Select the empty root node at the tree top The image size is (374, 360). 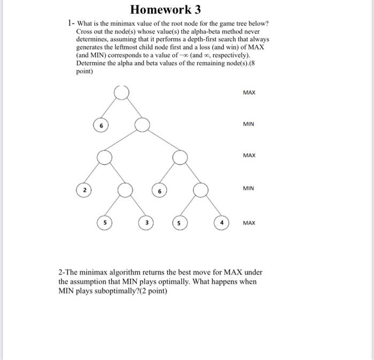(x=122, y=92)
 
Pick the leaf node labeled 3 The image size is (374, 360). (x=145, y=222)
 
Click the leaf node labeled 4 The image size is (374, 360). (x=221, y=222)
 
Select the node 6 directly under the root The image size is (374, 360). (x=101, y=125)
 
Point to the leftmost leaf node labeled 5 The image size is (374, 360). (x=105, y=222)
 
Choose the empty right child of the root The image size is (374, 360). (x=142, y=125)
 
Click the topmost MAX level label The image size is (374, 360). (x=249, y=93)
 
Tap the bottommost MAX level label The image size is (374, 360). (x=249, y=223)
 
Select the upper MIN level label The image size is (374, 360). (x=248, y=124)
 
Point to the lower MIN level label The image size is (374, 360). (x=248, y=189)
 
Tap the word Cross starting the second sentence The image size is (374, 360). (x=85, y=32)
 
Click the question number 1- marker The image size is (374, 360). (x=71, y=24)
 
